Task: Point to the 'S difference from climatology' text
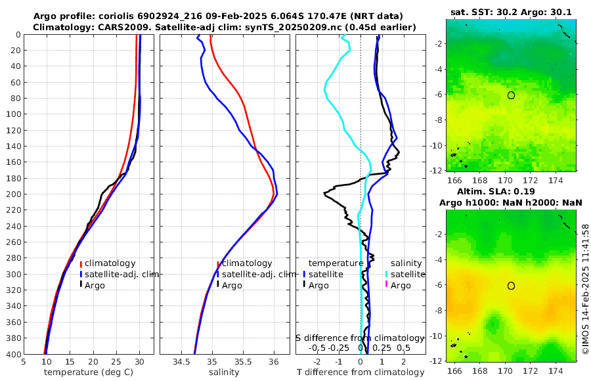(x=360, y=337)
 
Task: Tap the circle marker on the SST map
(x=511, y=95)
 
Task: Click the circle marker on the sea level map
(x=511, y=286)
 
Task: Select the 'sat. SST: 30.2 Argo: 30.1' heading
(x=511, y=11)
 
